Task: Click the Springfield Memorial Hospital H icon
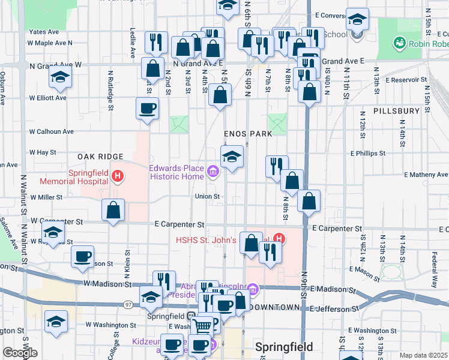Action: point(118,176)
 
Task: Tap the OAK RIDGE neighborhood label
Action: point(100,157)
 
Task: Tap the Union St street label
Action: point(207,196)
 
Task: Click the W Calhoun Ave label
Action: point(52,131)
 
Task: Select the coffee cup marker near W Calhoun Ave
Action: point(148,109)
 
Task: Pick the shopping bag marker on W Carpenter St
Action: point(113,211)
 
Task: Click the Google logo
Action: point(20,353)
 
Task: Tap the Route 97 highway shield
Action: point(128,305)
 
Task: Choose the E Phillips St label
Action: point(366,153)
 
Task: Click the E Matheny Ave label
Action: point(426,175)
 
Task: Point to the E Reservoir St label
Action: point(406,79)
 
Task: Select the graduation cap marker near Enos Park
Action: point(232,157)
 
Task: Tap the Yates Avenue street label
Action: point(44,31)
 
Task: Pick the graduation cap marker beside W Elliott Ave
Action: point(60,77)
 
